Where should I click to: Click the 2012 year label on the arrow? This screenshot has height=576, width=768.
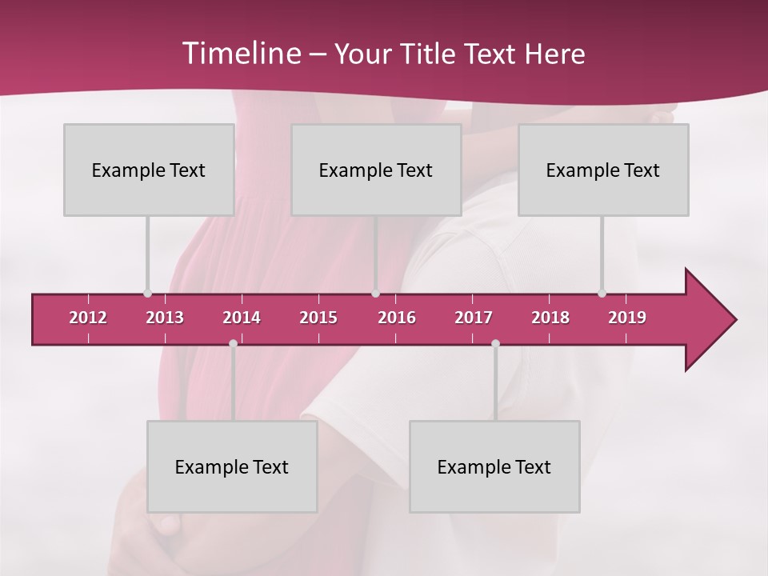[88, 318]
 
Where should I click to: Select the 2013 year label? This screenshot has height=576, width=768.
[165, 318]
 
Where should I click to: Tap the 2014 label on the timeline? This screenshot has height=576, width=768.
[242, 318]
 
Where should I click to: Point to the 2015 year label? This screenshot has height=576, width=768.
[318, 318]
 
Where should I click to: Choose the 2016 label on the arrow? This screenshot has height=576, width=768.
[397, 318]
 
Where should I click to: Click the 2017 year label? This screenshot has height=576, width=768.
[474, 318]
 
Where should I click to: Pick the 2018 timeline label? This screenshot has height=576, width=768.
[550, 318]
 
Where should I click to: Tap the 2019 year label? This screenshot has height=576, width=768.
[627, 318]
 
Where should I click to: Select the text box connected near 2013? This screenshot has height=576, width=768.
[149, 170]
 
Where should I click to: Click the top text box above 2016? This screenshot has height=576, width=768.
[376, 170]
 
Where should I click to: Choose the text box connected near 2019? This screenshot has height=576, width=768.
[603, 170]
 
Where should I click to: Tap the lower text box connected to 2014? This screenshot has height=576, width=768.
[232, 466]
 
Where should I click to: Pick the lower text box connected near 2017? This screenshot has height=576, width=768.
[494, 466]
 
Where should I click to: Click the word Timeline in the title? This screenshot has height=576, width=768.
[240, 54]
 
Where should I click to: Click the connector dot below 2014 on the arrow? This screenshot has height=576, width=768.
[233, 344]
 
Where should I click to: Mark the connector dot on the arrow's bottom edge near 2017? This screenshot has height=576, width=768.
[495, 344]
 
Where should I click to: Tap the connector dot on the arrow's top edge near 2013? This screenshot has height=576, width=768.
[147, 293]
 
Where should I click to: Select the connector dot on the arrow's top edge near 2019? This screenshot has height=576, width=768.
[602, 293]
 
